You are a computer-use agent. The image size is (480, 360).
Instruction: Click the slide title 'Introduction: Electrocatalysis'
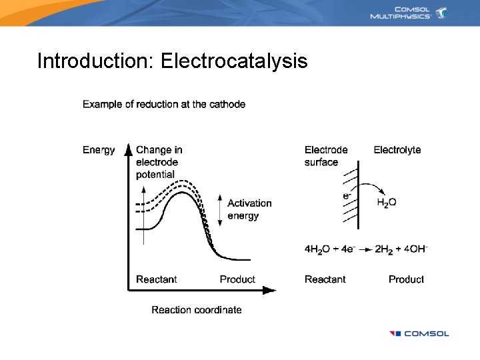pos(172,61)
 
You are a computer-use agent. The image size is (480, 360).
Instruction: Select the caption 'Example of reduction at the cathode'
pos(164,104)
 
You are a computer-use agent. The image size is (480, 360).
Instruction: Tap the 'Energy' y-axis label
pos(99,150)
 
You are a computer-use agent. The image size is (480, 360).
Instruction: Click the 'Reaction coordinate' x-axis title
pos(197,309)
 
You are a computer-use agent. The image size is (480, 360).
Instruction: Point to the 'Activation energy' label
pos(249,209)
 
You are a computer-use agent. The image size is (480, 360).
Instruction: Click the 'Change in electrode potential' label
pos(159,162)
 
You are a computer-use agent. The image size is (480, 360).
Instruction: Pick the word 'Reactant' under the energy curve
pos(157,279)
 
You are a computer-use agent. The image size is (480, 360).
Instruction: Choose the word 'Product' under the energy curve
pos(237,279)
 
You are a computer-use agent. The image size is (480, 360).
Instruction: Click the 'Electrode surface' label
pos(326,156)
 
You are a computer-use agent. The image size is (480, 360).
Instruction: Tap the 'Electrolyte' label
pos(397,150)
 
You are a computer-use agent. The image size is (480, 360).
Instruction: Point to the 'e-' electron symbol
pos(347,196)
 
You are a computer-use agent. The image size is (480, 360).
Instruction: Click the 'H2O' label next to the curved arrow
pos(387,203)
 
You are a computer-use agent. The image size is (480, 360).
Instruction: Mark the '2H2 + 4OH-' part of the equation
pos(401,249)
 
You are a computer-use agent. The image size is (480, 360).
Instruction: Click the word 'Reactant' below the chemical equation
pos(325,279)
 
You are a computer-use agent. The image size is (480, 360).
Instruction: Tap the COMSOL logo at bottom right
pos(419,333)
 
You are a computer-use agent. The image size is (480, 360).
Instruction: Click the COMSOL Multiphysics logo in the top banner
pos(409,13)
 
